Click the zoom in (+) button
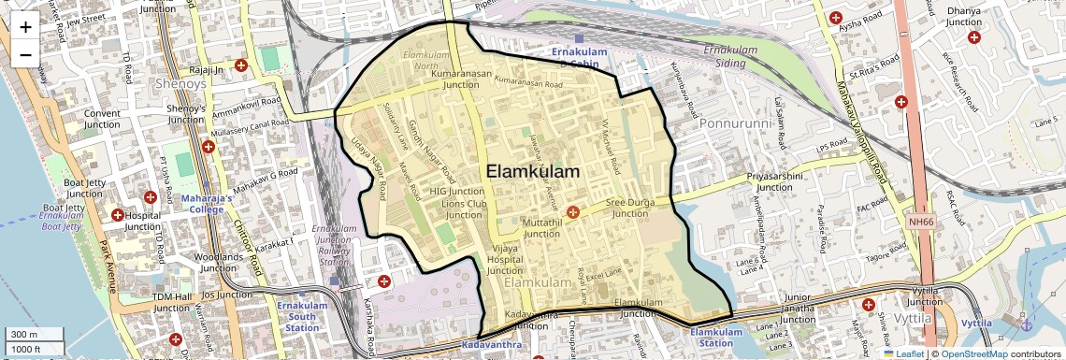pos(25,27)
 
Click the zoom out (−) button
pos(25,53)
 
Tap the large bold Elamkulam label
pos(533,172)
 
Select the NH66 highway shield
pos(921,222)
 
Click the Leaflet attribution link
pos(903,353)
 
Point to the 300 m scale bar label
pos(24,335)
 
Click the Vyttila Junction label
pos(925,295)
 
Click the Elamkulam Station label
pos(716,337)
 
